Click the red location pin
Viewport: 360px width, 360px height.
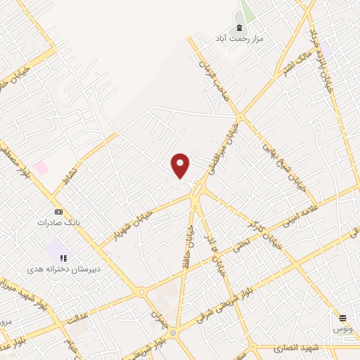(x=181, y=165)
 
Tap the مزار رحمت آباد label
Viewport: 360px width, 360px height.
(x=240, y=39)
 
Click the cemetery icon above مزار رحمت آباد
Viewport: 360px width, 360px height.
(x=240, y=28)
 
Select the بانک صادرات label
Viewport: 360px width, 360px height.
(x=59, y=222)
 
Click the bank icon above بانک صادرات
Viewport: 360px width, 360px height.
(x=59, y=212)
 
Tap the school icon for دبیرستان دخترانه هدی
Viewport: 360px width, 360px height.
(x=63, y=258)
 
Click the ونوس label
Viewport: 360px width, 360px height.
(x=343, y=329)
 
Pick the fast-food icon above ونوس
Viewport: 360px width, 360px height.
(x=343, y=319)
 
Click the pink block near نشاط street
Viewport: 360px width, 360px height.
(x=41, y=168)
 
